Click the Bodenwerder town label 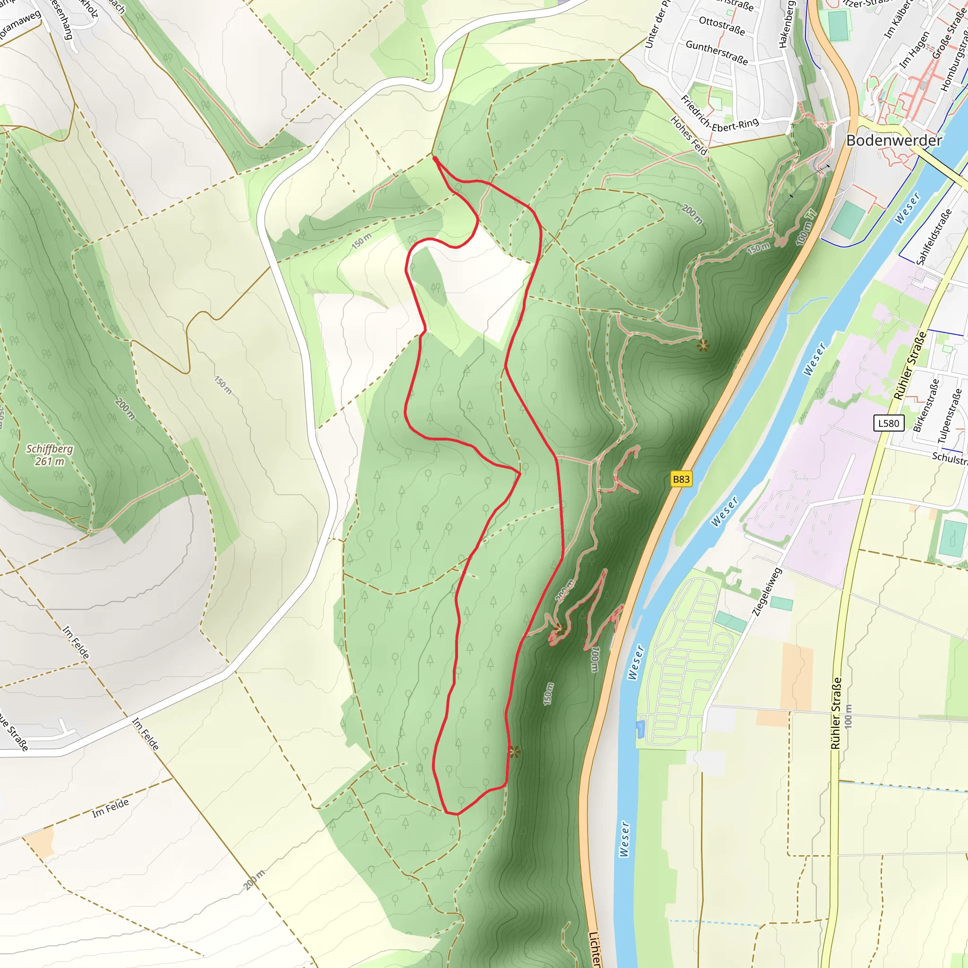894,141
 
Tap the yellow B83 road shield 681,479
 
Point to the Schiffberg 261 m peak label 50,455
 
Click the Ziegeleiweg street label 766,591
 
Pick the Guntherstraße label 717,52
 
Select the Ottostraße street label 721,26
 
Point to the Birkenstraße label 925,405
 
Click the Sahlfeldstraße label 934,236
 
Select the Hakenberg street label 786,24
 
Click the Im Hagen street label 915,50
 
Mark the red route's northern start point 435,159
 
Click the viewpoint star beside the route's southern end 515,752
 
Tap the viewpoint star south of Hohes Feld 703,345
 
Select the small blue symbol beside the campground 640,729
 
